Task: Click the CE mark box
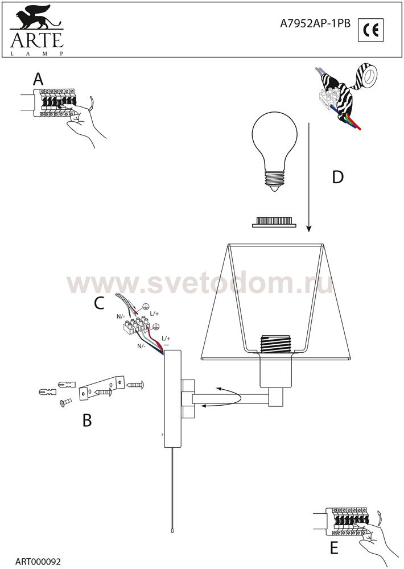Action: (370, 30)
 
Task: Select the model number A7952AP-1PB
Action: (315, 23)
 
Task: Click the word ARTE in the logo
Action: (37, 40)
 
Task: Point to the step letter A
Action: (38, 79)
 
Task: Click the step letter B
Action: (87, 420)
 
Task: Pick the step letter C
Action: (99, 303)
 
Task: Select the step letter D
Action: (337, 177)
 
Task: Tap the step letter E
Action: (334, 548)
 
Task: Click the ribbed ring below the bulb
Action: (274, 222)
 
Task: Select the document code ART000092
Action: (38, 561)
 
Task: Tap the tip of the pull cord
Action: (172, 530)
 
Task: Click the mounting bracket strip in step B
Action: (102, 388)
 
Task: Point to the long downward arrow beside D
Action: (308, 177)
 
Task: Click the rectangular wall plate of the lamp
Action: (172, 398)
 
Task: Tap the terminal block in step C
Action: (137, 324)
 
